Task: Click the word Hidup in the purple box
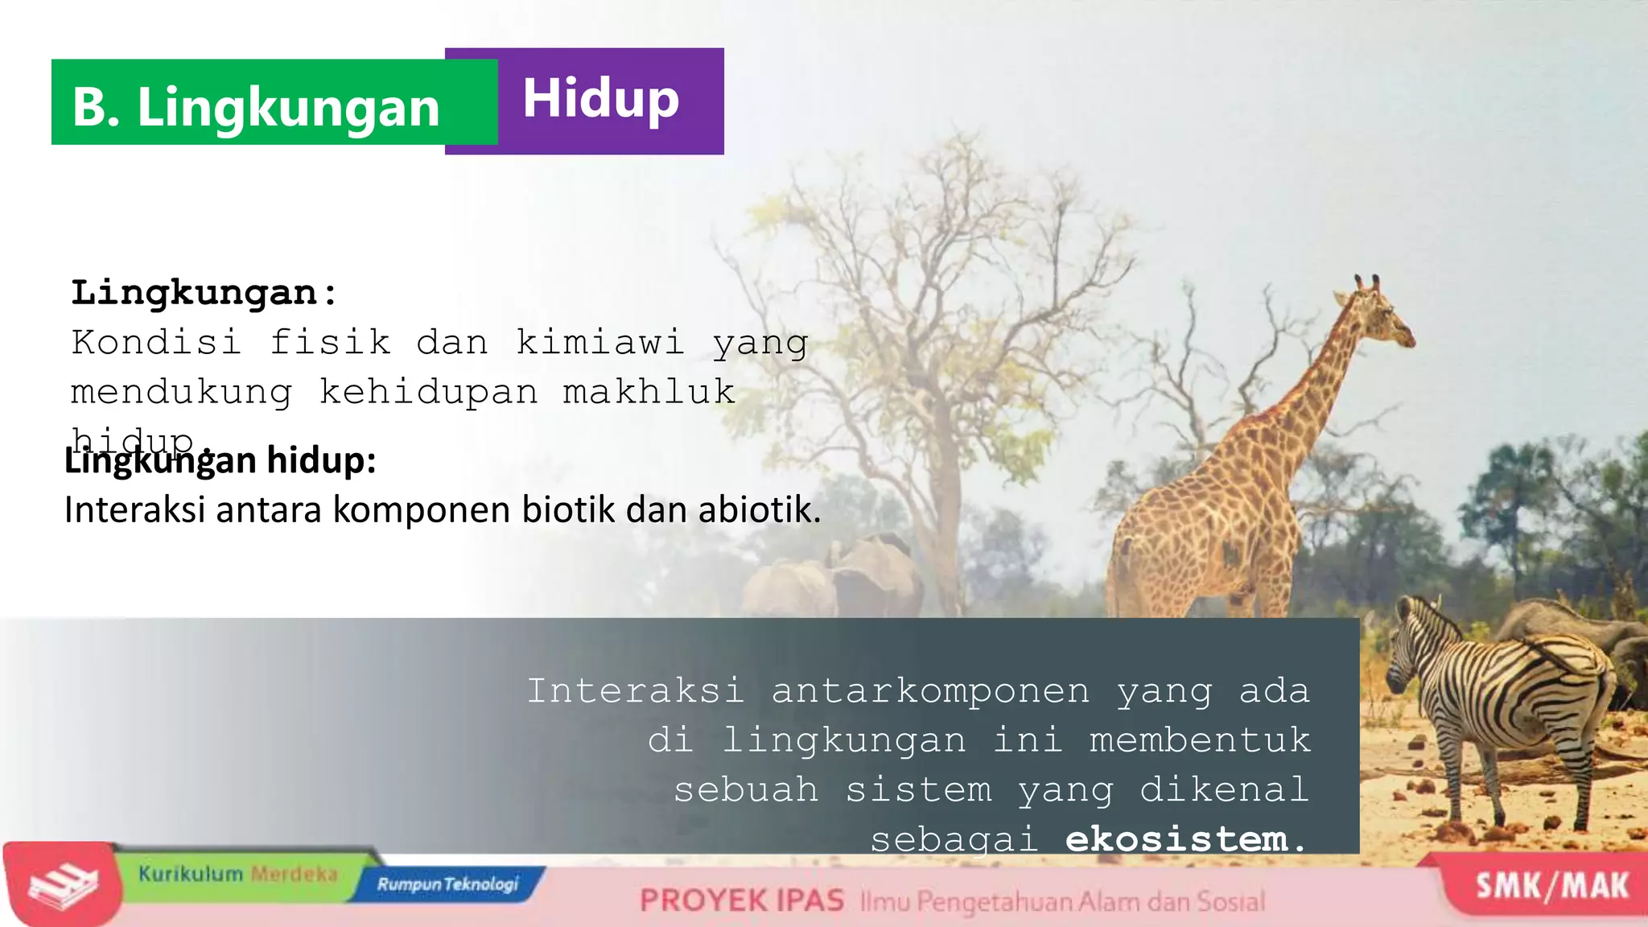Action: [x=600, y=99]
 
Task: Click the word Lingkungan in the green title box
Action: [x=288, y=107]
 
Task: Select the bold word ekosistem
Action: [x=1176, y=838]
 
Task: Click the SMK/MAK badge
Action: [x=1551, y=885]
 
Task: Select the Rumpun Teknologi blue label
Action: [x=447, y=884]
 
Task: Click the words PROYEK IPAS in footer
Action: [x=741, y=900]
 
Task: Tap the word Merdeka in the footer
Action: [x=294, y=874]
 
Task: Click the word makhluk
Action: [x=649, y=392]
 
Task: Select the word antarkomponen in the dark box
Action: [x=930, y=690]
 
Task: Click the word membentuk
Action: [x=1199, y=740]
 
